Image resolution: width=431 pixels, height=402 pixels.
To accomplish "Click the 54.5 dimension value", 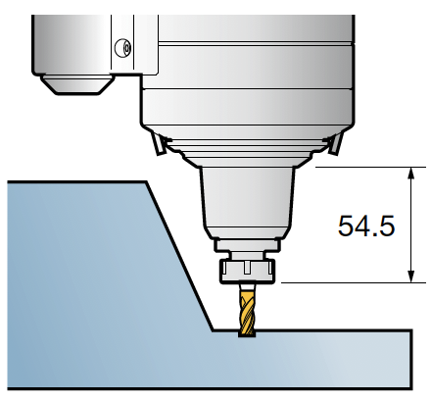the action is [366, 226].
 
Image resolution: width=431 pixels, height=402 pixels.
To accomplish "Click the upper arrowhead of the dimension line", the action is [411, 173].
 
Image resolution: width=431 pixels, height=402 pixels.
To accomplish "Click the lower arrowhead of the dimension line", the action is [411, 276].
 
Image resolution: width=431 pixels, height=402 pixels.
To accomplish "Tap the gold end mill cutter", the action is [247, 314].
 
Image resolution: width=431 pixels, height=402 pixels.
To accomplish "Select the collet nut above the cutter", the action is [248, 271].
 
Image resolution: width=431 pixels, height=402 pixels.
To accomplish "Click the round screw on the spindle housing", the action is [123, 48].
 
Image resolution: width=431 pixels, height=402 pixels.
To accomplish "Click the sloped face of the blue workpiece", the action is [180, 256].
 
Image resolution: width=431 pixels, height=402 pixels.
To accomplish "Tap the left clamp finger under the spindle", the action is [158, 142].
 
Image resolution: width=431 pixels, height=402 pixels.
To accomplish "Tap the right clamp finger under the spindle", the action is [336, 142].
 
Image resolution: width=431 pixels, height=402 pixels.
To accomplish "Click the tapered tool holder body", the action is [247, 203].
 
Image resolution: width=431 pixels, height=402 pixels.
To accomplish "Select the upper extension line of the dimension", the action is [371, 167].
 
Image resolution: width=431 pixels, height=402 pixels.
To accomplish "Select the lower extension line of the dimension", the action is [354, 282].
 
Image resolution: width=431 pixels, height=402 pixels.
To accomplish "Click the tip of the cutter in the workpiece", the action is [247, 336].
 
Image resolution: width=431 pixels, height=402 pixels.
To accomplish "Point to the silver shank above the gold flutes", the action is [247, 287].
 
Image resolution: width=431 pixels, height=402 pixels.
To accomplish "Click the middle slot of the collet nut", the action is [247, 268].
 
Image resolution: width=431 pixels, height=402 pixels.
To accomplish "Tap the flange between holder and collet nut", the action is [247, 245].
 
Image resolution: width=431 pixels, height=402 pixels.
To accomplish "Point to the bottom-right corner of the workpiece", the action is [411, 388].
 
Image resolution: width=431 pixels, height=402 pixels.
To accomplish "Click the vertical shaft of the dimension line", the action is [411, 225].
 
